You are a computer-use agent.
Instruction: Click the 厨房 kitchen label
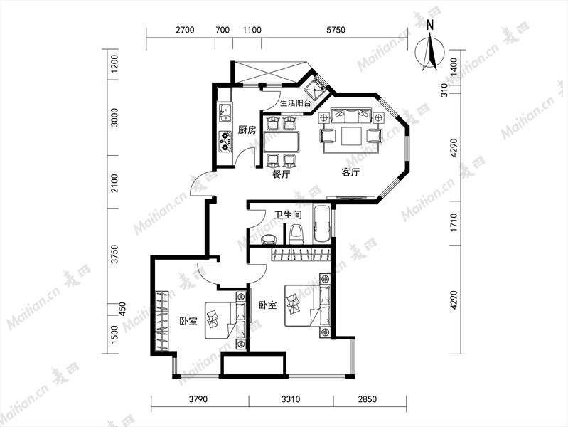tap(247, 130)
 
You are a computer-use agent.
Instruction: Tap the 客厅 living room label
tap(350, 172)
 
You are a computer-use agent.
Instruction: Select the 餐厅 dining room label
tap(281, 174)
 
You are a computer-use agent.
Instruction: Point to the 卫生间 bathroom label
tap(288, 215)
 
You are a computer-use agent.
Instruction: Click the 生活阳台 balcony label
tap(296, 103)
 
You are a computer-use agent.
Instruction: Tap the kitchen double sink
tap(225, 112)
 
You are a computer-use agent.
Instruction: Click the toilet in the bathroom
tap(296, 234)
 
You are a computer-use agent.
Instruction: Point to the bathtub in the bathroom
tap(321, 224)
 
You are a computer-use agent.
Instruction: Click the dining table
tap(282, 142)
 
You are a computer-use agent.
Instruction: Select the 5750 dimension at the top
tap(336, 30)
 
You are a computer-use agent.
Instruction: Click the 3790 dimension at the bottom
tap(198, 399)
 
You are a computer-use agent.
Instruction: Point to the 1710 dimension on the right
tap(454, 223)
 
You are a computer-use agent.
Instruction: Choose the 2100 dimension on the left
tap(114, 183)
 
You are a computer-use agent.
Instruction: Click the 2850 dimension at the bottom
tap(368, 399)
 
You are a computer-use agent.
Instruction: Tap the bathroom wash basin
tap(269, 239)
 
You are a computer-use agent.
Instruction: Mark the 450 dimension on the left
tap(122, 309)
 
